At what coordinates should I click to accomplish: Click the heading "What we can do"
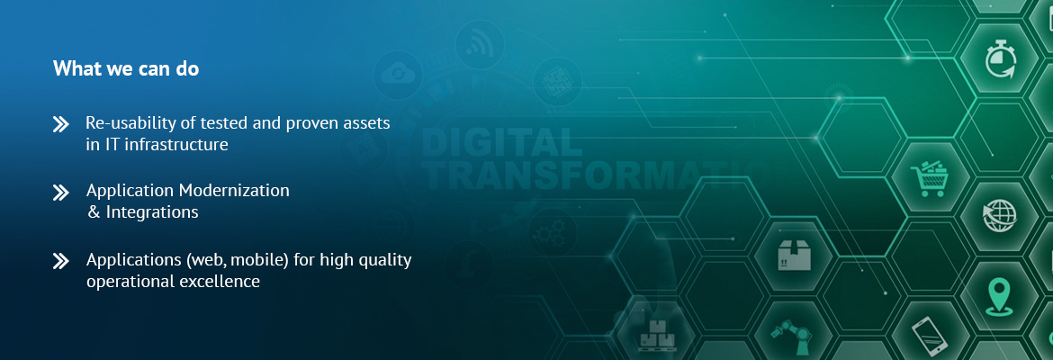click(126, 68)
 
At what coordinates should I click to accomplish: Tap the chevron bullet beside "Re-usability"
click(60, 124)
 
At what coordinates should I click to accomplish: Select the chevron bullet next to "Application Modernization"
click(60, 193)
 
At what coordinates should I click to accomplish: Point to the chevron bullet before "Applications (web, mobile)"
click(60, 261)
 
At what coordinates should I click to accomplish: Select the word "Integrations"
click(152, 212)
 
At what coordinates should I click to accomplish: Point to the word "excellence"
click(219, 282)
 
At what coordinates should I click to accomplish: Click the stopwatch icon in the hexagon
click(1000, 59)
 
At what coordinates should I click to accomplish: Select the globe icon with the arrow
click(999, 216)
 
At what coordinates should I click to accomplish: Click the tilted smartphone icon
click(930, 335)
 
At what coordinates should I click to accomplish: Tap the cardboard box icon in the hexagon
click(795, 256)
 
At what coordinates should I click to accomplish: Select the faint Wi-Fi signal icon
click(480, 45)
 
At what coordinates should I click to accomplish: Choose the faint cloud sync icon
click(398, 74)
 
